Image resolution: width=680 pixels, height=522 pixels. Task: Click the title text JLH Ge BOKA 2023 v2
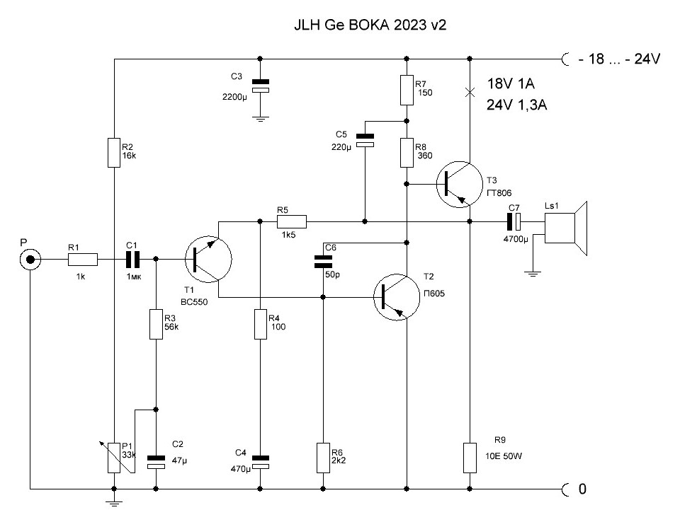click(370, 24)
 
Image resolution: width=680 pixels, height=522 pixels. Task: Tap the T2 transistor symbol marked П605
click(398, 297)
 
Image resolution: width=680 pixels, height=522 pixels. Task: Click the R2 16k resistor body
click(114, 153)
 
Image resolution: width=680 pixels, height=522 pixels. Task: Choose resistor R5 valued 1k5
click(290, 221)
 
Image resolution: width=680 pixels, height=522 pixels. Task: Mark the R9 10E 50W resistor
click(470, 458)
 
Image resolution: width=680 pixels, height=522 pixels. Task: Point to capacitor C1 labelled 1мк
click(132, 260)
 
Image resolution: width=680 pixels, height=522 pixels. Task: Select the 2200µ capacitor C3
click(261, 86)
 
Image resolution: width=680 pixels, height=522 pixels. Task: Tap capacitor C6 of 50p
click(323, 262)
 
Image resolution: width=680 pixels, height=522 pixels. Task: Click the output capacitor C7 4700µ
click(515, 221)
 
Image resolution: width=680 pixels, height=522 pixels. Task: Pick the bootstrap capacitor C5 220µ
click(364, 141)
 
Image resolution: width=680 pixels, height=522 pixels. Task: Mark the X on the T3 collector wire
click(470, 92)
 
